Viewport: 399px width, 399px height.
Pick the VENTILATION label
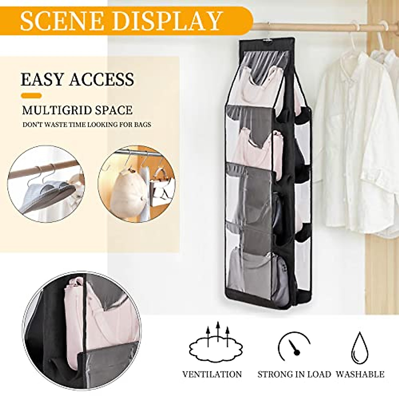212,374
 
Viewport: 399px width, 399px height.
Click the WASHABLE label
360,374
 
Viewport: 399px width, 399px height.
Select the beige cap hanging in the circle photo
122,193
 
